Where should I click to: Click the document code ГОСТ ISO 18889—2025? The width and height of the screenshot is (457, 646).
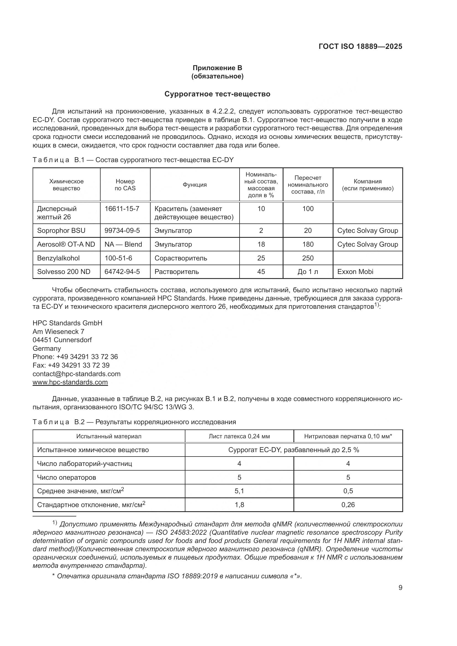point(360,46)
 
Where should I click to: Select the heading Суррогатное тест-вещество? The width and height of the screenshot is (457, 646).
point(217,94)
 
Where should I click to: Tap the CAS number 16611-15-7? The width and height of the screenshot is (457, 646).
point(122,209)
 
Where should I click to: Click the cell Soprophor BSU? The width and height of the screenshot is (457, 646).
point(61,230)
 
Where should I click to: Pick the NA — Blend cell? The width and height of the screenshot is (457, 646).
point(123,244)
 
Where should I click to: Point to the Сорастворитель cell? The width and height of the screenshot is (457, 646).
point(181,258)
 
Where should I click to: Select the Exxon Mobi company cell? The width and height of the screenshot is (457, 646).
point(355,271)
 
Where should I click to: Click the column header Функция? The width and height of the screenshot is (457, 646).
point(195,185)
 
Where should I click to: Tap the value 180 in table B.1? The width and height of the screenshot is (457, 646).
point(308,244)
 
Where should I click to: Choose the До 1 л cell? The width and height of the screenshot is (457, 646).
point(308,271)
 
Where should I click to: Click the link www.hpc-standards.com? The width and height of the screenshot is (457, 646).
point(70,382)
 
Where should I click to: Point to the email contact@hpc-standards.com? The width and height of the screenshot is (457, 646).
point(77,374)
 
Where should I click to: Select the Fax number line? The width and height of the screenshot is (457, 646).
point(71,365)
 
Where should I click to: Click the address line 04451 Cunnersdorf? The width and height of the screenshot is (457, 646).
point(62,340)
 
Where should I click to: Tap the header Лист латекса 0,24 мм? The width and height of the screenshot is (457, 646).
point(239,436)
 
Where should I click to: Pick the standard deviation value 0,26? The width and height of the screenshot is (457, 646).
point(348,505)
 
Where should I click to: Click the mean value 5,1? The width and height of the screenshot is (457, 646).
point(239,491)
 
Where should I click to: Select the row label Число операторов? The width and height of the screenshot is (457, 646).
point(66,478)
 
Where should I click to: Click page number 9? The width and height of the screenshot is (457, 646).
point(400,588)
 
